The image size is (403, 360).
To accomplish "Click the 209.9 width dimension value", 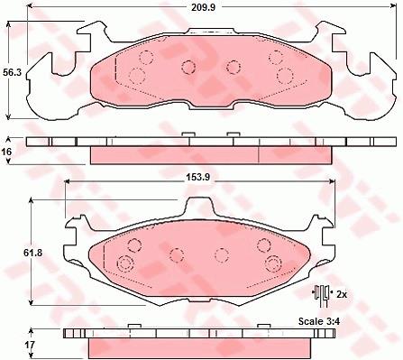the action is coord(204,7).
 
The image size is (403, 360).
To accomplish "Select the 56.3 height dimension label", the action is coord(13,72).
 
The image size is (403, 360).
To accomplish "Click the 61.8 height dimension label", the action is coord(33,253).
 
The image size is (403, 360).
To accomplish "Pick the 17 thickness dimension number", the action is coord(30,345).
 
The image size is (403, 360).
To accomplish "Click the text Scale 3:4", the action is coord(319,321).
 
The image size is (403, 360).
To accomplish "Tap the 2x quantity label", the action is coord(342,294).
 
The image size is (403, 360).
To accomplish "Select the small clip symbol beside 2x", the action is coord(322,296).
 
